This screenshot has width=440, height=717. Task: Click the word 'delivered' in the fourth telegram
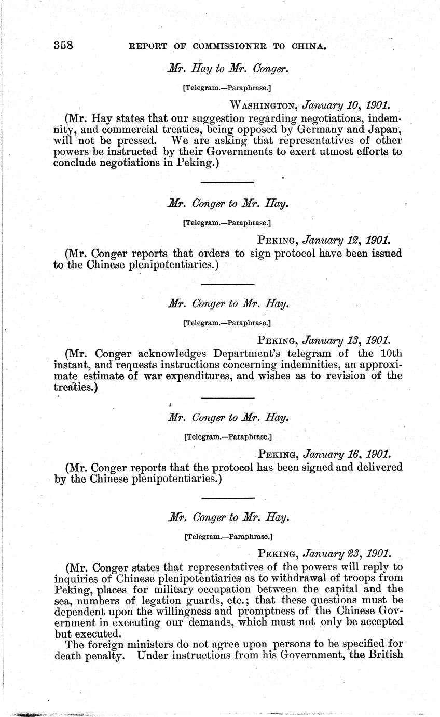coord(375,467)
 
